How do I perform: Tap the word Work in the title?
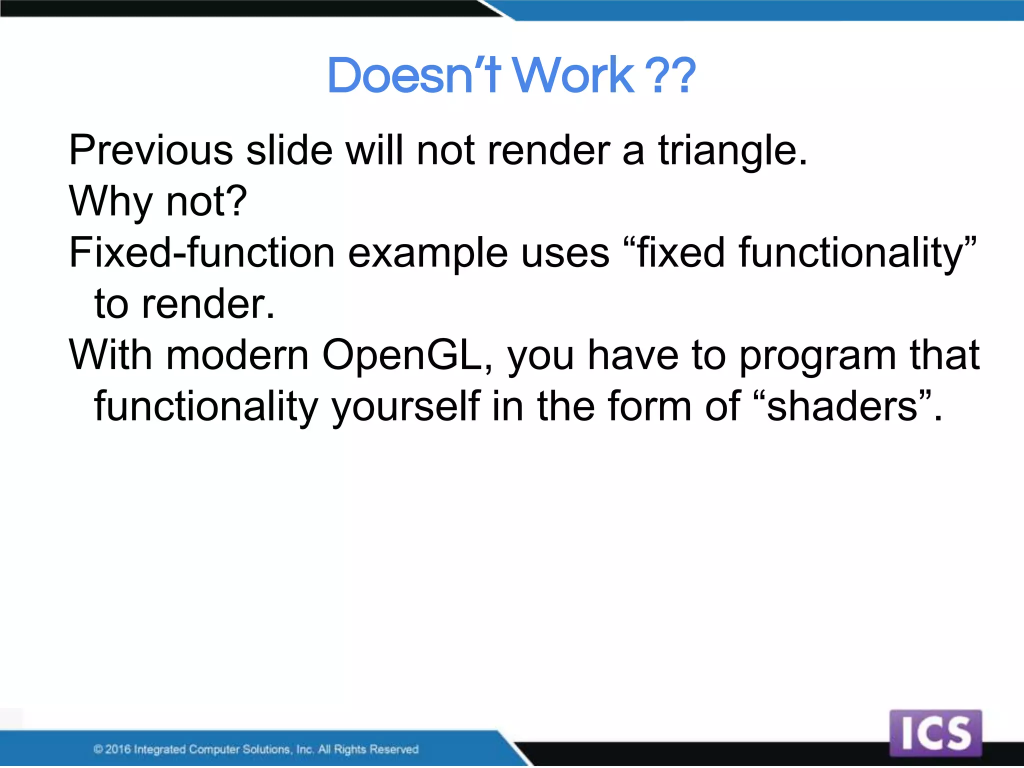574,76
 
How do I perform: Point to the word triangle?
732,151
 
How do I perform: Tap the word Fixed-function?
201,252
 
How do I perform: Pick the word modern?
237,355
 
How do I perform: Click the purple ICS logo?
935,733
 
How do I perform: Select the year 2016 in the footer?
118,749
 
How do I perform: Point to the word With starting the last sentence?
110,354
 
